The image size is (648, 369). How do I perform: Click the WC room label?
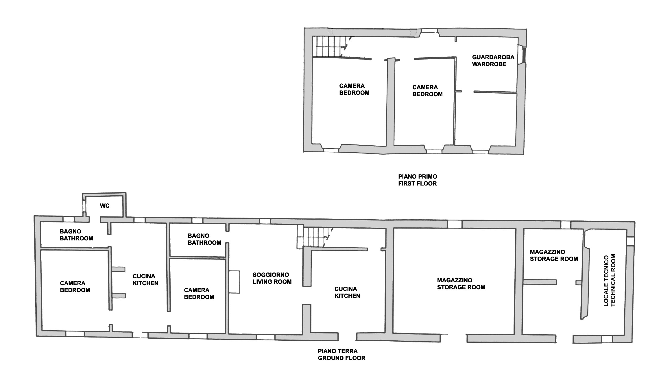[105, 206]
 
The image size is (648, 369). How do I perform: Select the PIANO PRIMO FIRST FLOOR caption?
[418, 180]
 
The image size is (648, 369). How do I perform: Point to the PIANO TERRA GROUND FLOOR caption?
[341, 355]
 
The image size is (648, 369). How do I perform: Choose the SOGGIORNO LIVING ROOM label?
[272, 278]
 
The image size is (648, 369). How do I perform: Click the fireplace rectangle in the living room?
[235, 282]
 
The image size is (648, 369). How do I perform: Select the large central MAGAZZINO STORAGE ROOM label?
[461, 284]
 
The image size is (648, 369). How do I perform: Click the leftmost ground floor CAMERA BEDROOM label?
[75, 287]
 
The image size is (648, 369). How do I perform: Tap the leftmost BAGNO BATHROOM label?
[76, 235]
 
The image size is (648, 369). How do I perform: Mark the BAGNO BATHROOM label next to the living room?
[204, 239]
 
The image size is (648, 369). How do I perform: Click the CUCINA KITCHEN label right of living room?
[347, 292]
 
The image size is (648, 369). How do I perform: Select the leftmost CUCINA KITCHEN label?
[145, 280]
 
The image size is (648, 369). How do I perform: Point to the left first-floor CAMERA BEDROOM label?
[354, 89]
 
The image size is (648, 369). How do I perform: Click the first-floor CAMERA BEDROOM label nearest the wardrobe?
[427, 91]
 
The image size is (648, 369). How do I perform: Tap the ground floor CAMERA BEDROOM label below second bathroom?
[199, 294]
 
